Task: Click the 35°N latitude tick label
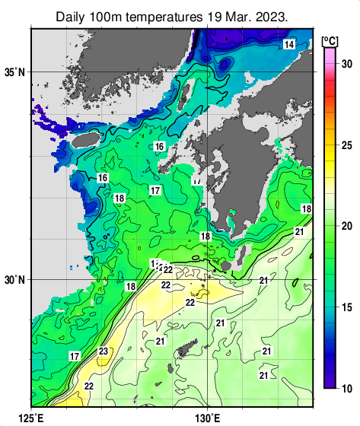pos(14,72)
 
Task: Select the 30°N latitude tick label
pos(14,280)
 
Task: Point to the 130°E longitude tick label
pos(208,417)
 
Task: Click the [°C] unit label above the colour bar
pos(330,40)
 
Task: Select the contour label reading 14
pos(288,45)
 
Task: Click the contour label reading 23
pos(104,351)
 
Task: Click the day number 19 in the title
pos(218,15)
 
